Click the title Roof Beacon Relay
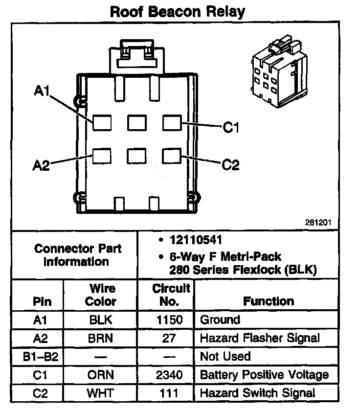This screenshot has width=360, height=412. [x=177, y=12]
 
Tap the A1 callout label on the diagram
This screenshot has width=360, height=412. [x=42, y=91]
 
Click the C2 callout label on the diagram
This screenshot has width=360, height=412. [x=230, y=165]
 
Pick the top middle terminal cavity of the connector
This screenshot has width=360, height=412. [x=136, y=122]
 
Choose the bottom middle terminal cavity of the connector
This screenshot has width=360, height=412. [x=136, y=156]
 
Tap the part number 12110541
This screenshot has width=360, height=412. [x=196, y=240]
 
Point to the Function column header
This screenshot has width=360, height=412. [x=268, y=301]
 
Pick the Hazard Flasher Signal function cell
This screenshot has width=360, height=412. [x=260, y=338]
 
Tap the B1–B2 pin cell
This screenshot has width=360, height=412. [x=41, y=356]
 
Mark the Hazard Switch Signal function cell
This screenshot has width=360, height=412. [x=257, y=392]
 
